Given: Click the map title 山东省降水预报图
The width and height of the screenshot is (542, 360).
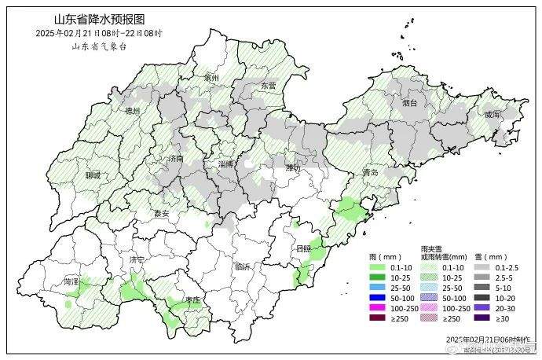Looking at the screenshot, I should click(x=100, y=18).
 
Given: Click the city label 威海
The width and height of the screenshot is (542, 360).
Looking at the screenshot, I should click(x=492, y=114).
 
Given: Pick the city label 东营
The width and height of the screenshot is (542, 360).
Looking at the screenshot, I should click(x=269, y=85).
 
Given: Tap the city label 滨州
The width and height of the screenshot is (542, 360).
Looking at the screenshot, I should click(x=211, y=79).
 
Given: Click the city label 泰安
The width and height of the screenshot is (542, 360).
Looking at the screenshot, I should click(x=161, y=213).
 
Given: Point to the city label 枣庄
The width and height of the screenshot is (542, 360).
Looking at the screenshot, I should click(x=192, y=300).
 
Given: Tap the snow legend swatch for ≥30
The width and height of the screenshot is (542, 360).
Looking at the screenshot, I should click(x=478, y=318).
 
